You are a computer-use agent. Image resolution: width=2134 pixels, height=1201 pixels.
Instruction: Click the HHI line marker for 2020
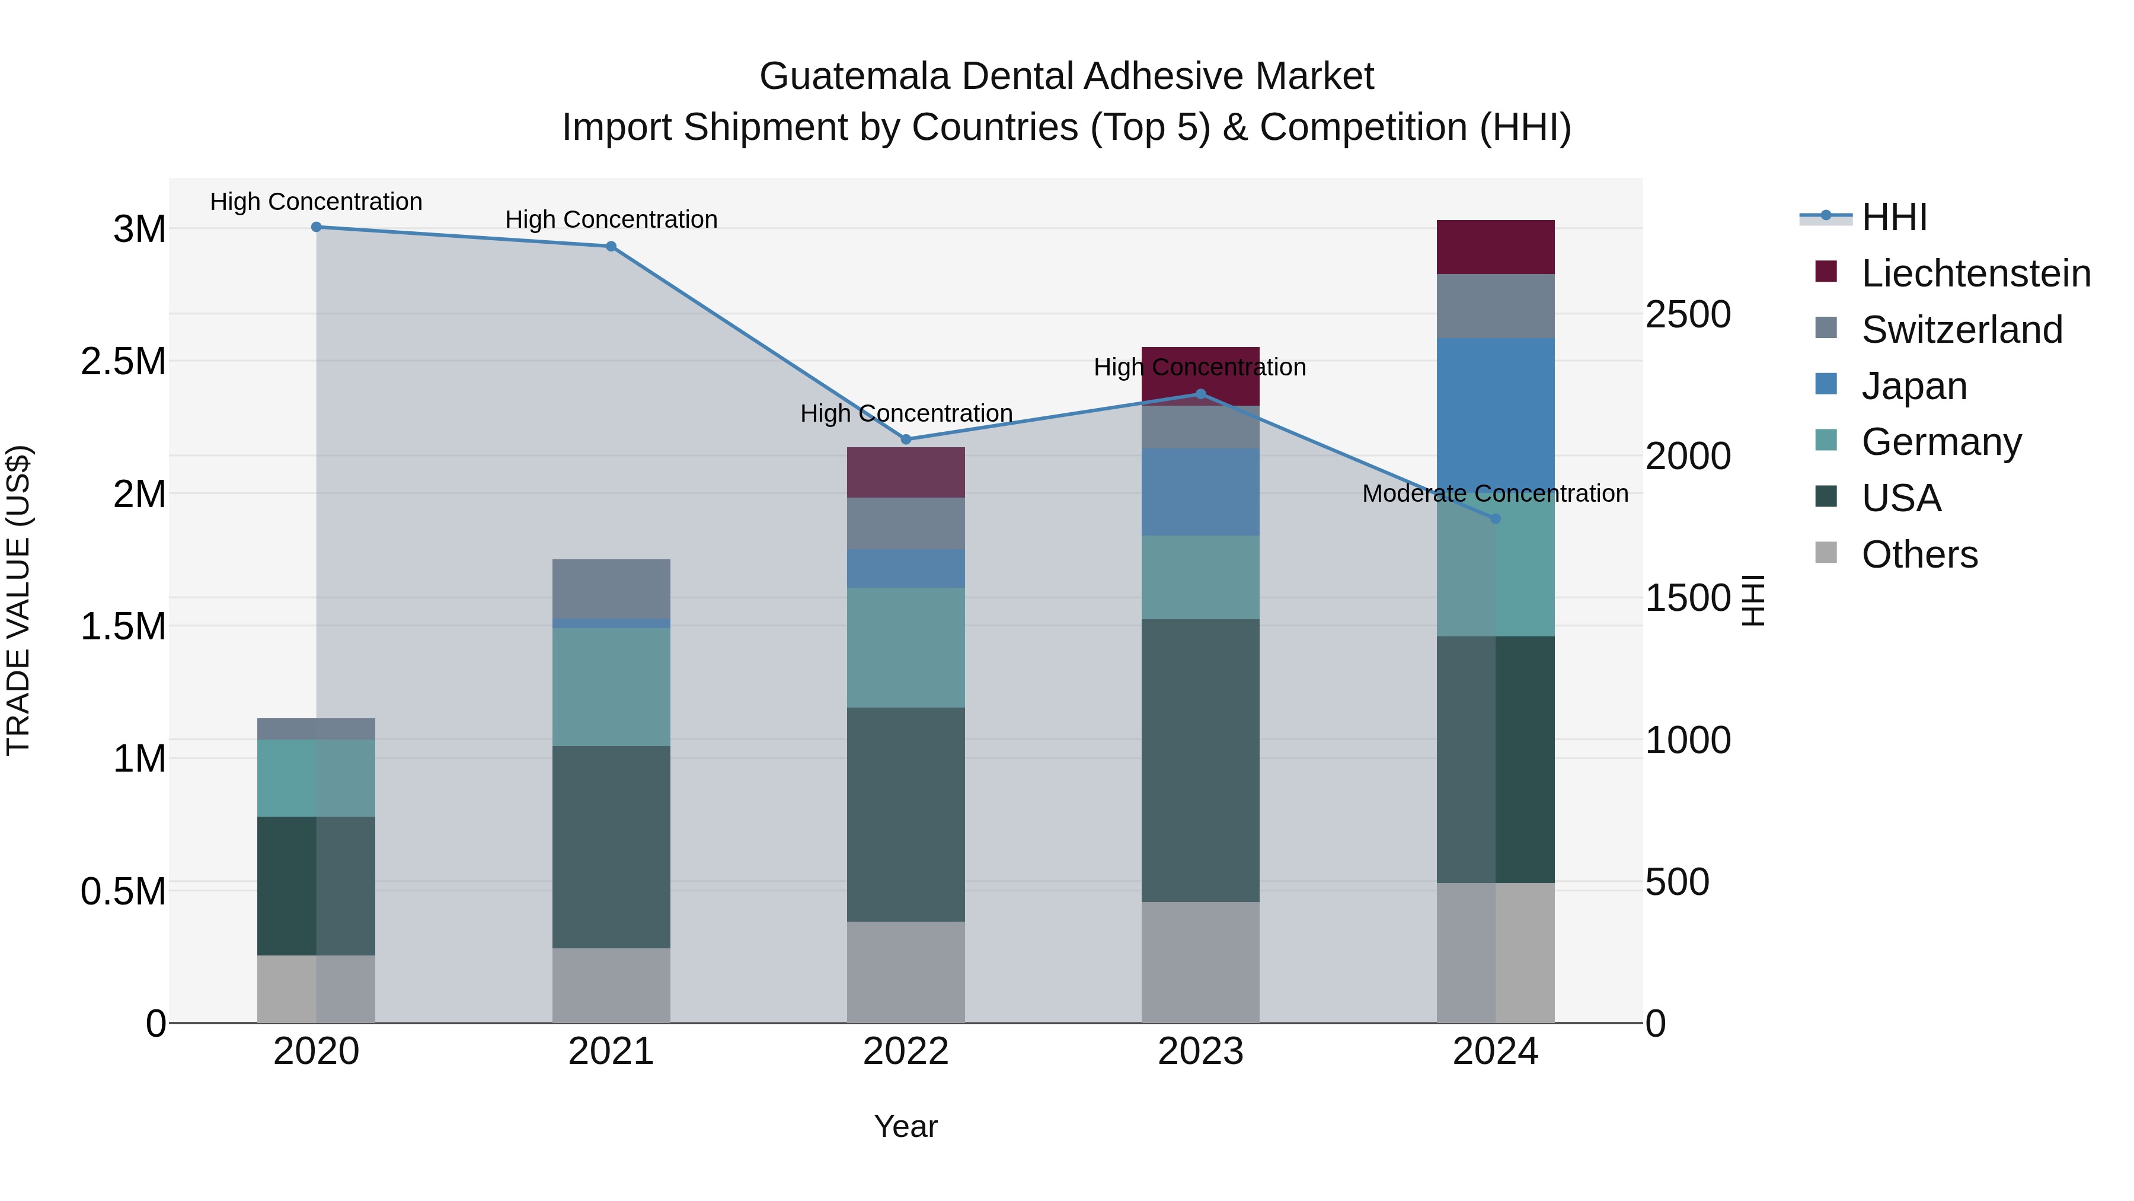pos(317,227)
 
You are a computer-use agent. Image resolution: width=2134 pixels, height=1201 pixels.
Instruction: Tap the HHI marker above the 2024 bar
pos(1496,519)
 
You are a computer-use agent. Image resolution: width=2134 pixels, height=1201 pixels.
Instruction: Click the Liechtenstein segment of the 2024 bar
pos(1496,247)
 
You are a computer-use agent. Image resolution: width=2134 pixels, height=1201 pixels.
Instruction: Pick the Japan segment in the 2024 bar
pos(1496,415)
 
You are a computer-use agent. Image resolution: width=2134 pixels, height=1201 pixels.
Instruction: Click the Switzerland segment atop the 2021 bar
pos(611,588)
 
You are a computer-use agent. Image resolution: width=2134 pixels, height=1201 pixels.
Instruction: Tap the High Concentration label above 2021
pos(611,219)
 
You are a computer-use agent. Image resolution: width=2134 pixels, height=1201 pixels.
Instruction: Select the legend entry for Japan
pos(1913,386)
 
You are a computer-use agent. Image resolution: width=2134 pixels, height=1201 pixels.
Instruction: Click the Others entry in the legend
pos(1919,555)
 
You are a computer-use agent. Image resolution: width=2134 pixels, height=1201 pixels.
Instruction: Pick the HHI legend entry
pos(1894,217)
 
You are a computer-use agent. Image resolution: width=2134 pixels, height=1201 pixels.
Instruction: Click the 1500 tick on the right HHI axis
pos(1688,598)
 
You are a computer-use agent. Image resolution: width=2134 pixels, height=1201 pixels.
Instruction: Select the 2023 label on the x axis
pos(1200,1052)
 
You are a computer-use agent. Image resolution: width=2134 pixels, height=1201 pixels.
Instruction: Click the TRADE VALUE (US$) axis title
pos(18,600)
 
